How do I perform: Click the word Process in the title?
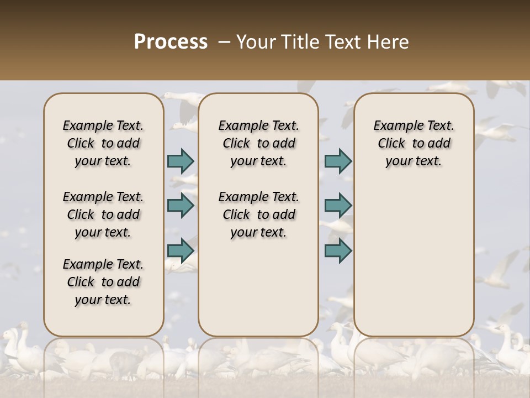[x=171, y=42]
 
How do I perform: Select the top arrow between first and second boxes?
[x=181, y=161]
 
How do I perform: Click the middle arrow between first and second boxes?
[x=181, y=206]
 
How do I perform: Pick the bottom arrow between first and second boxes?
[x=181, y=250]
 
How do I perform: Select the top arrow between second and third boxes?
[x=338, y=161]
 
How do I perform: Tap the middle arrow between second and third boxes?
[x=338, y=206]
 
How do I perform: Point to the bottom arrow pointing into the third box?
[x=338, y=250]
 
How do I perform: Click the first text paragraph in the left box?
[x=103, y=143]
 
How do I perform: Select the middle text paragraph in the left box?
[x=103, y=214]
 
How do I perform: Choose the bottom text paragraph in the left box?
[x=103, y=282]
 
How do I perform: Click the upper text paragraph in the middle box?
[x=258, y=143]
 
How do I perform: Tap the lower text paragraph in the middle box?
[x=258, y=214]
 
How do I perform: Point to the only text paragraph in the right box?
[x=414, y=143]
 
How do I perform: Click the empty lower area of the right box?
[x=414, y=260]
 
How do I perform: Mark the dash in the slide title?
[x=224, y=42]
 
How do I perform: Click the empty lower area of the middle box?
[x=258, y=287]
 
